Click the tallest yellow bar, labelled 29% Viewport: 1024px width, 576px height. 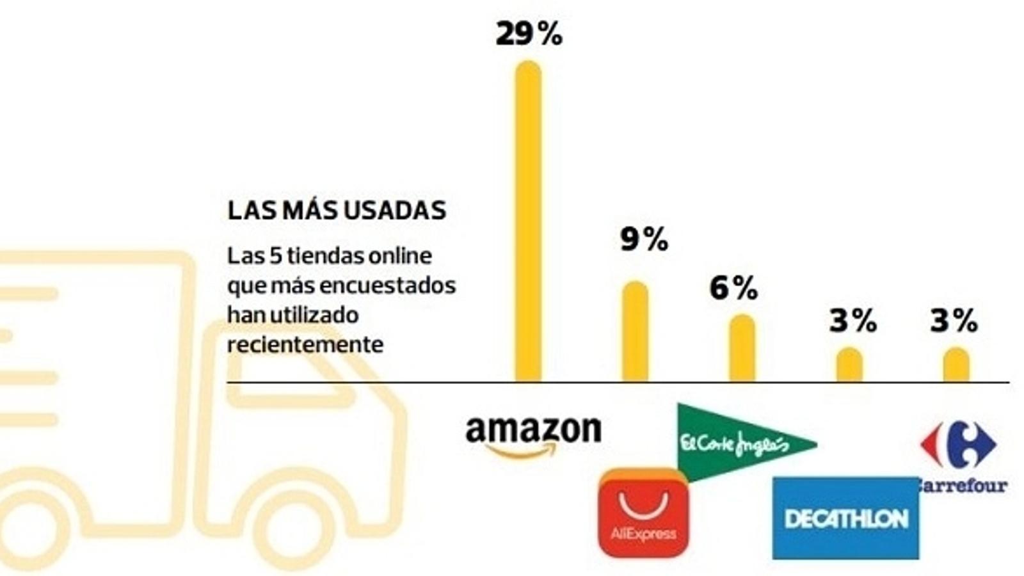click(x=528, y=221)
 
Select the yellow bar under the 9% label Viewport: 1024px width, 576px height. click(x=635, y=332)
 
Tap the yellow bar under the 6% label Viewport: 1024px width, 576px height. click(x=742, y=348)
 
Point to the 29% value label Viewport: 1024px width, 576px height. click(x=529, y=35)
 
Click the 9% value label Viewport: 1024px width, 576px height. click(x=643, y=240)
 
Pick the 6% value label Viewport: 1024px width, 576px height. click(x=733, y=289)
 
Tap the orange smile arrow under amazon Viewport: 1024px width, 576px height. click(x=521, y=452)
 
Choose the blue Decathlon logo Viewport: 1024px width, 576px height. click(x=845, y=518)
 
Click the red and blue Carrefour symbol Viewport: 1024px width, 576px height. click(x=958, y=444)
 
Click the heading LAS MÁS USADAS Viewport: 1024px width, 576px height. click(x=337, y=211)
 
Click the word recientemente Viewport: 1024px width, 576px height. click(x=305, y=344)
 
